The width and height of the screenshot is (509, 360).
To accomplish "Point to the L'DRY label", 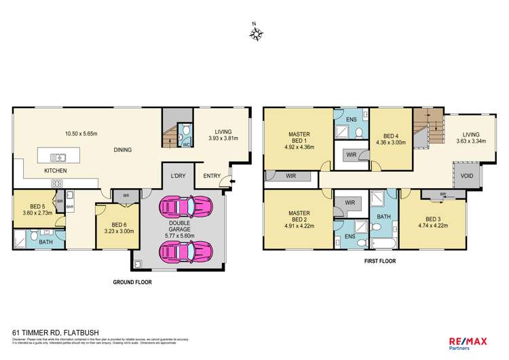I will (x=178, y=177).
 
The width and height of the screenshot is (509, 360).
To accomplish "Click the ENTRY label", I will (x=212, y=177).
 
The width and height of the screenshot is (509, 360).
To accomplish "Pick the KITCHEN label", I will (x=56, y=170).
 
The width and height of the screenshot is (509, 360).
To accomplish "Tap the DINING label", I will (x=122, y=150).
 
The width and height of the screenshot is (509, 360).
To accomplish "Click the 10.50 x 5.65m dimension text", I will (x=81, y=134).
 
